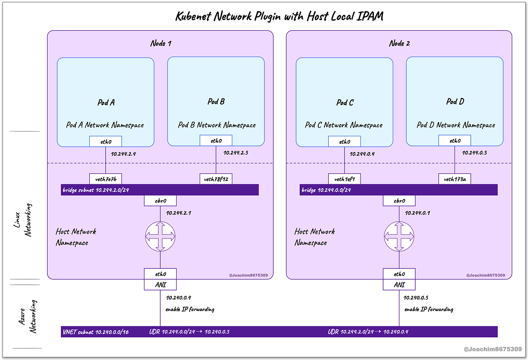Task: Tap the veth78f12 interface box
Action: click(216, 179)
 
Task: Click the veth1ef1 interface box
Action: click(345, 179)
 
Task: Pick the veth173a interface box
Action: click(455, 179)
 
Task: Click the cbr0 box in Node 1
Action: click(160, 201)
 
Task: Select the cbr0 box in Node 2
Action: click(399, 201)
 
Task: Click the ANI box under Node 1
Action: click(160, 285)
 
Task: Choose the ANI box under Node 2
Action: click(399, 285)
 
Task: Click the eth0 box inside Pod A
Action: click(106, 141)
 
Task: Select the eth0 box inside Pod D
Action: click(455, 141)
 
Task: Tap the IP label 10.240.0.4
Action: click(179, 298)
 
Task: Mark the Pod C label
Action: click(345, 103)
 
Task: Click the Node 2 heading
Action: click(399, 44)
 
